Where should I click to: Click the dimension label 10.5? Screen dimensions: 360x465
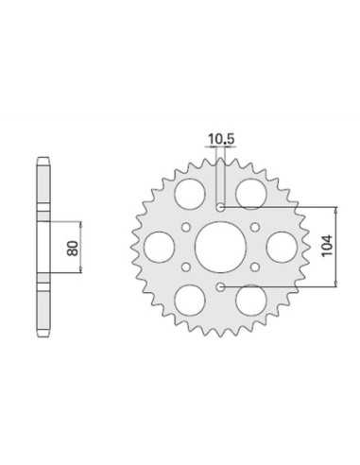pyautogui.click(x=221, y=139)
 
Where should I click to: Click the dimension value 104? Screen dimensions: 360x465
pyautogui.click(x=327, y=246)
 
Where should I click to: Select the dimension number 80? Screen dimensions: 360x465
pyautogui.click(x=73, y=249)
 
